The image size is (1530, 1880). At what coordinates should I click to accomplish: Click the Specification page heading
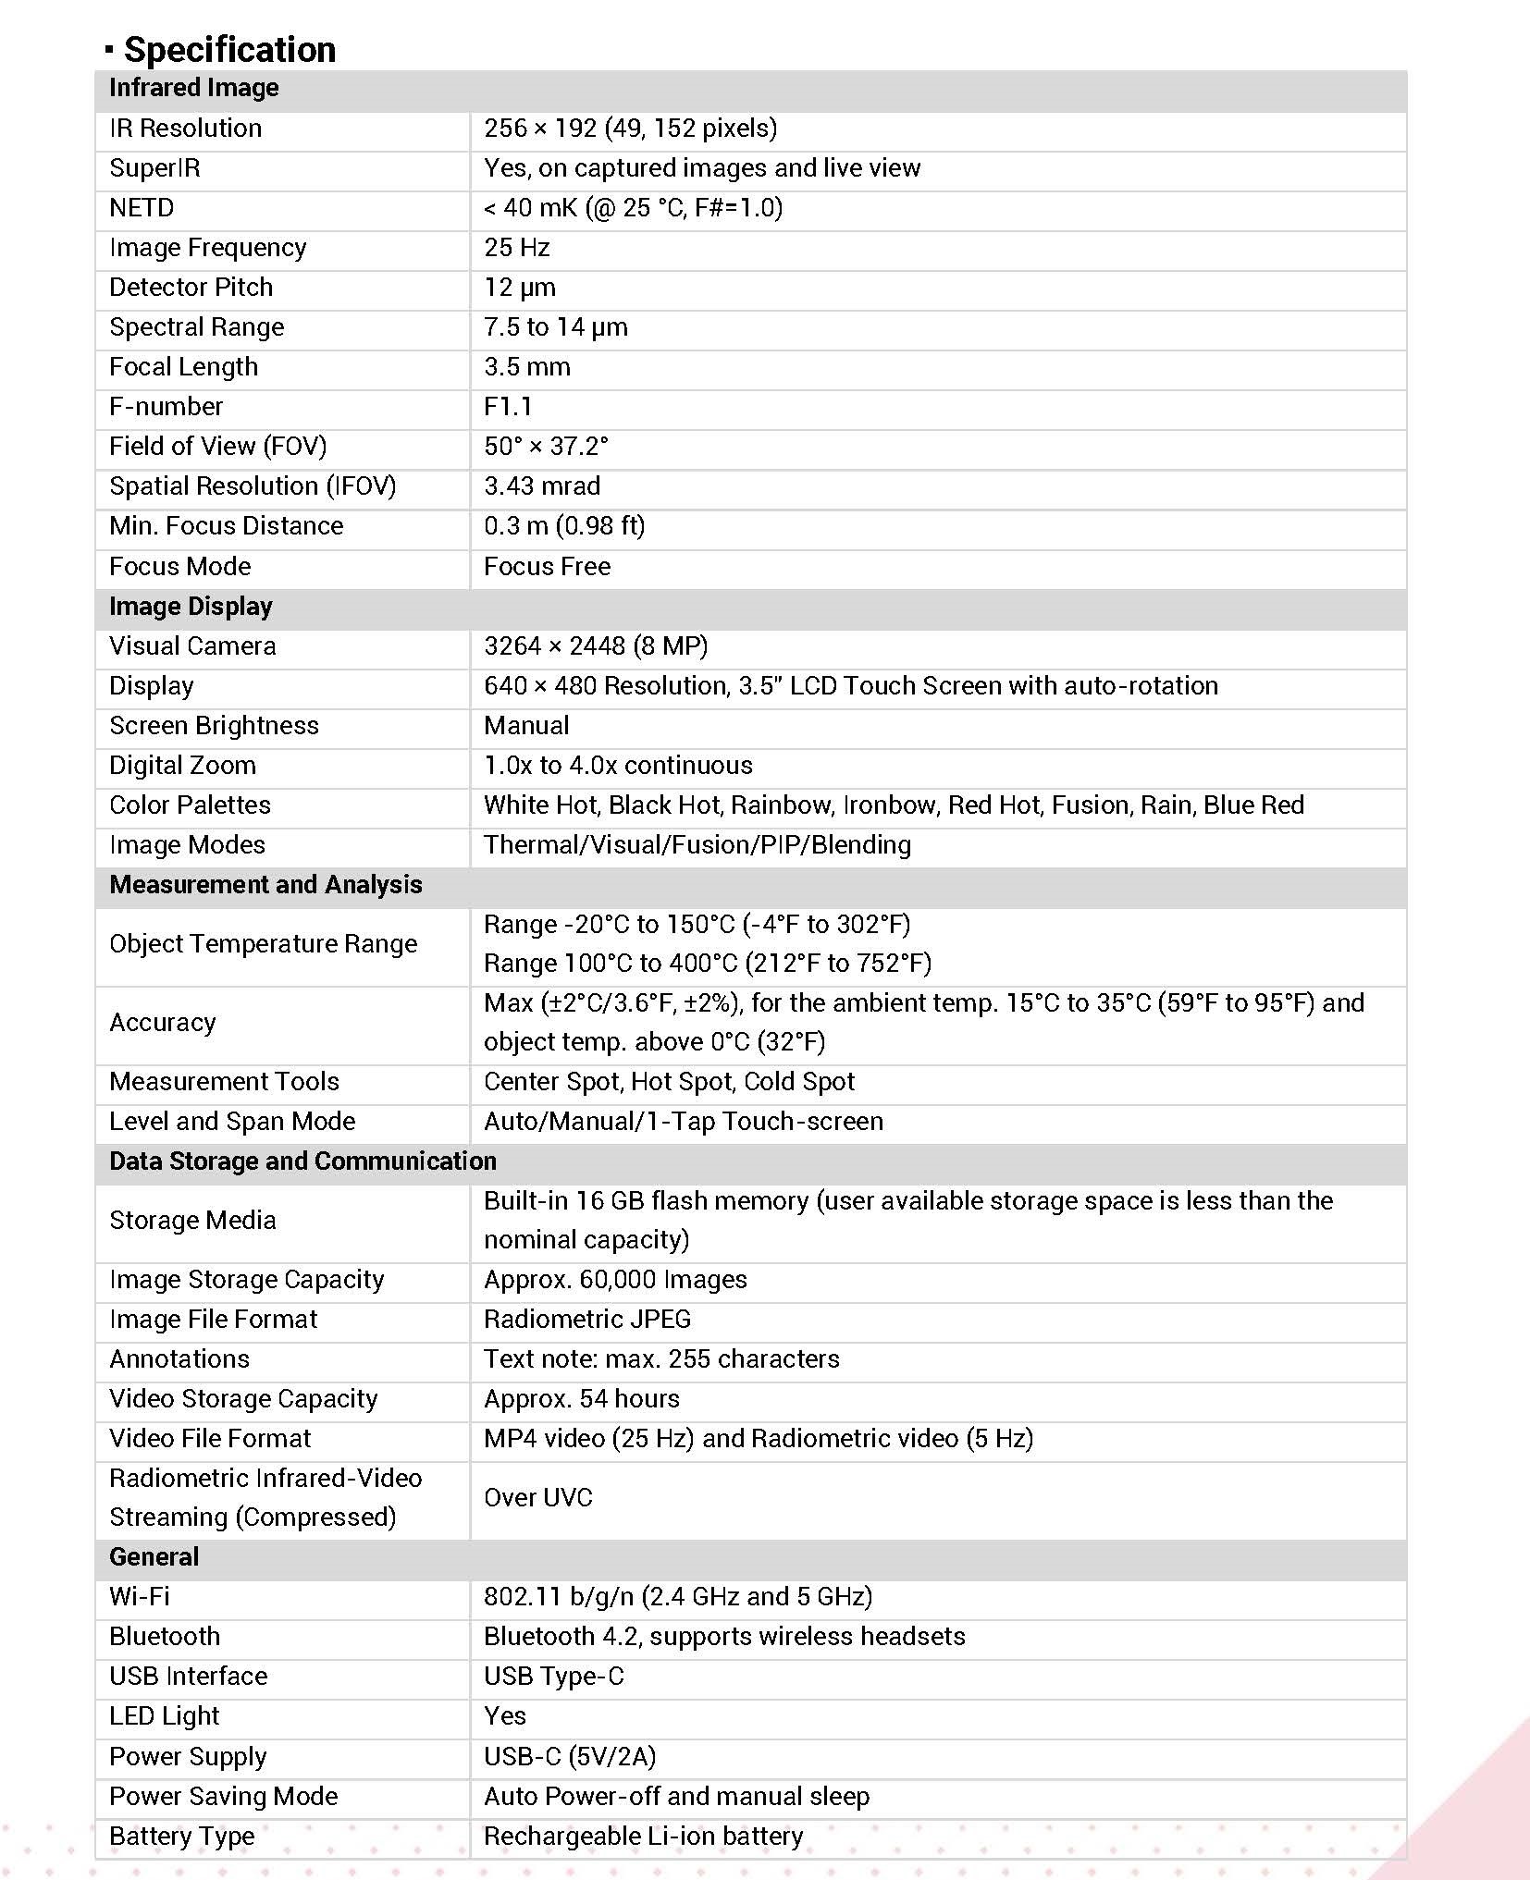[228, 49]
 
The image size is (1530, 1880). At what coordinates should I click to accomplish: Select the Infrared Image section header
[193, 88]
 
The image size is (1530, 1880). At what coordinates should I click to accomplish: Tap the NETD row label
[142, 207]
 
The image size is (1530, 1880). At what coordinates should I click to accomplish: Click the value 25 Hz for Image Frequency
[516, 247]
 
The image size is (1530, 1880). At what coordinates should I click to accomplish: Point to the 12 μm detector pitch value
[519, 287]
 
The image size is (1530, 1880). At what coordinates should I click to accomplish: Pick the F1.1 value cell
[508, 406]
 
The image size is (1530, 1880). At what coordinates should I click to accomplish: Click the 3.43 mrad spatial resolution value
[542, 485]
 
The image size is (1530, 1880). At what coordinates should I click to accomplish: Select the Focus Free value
[547, 566]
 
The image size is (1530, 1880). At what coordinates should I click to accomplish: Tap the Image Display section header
[191, 606]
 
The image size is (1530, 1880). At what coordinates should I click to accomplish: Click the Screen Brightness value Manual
[526, 725]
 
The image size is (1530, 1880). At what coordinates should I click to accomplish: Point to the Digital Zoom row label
[182, 765]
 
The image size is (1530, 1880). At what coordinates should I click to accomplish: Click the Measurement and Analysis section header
[265, 884]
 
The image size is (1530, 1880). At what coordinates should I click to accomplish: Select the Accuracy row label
[163, 1022]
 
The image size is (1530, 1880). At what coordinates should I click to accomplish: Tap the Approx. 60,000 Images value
[615, 1279]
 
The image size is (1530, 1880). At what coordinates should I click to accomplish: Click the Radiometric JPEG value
[587, 1319]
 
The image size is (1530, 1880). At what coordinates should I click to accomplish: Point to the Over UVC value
[537, 1497]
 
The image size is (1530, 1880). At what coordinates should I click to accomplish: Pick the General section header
[154, 1556]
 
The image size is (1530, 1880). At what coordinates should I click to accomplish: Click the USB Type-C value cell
[553, 1676]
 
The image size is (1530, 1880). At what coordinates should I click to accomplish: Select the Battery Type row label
[181, 1836]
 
